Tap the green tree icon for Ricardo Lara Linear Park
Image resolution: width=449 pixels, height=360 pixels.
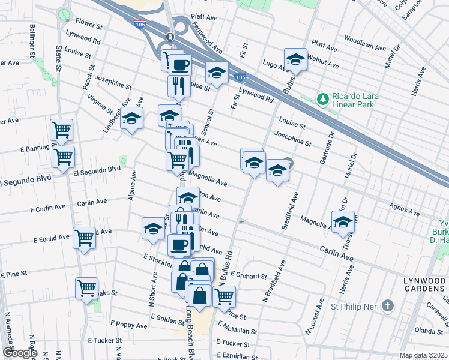point(323,98)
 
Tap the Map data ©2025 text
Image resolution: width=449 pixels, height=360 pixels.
point(423,355)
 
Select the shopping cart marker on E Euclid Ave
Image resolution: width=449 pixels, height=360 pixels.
point(84,238)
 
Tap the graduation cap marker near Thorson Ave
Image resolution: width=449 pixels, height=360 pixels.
point(342,221)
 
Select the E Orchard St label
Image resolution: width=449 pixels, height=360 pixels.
point(248,276)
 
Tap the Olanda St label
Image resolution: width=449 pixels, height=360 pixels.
point(427,331)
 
